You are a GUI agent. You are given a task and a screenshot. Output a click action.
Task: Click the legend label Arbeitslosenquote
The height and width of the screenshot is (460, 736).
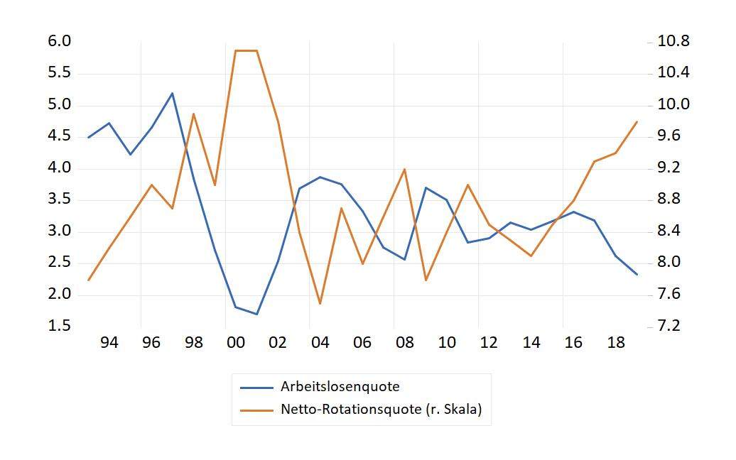pos(340,386)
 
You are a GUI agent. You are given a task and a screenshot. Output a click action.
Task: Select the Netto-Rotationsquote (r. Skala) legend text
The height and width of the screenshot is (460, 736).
pos(381,409)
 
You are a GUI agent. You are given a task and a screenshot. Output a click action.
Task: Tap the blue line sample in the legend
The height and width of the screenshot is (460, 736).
pos(256,388)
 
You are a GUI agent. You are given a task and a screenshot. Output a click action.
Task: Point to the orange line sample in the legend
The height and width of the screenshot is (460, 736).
pos(256,410)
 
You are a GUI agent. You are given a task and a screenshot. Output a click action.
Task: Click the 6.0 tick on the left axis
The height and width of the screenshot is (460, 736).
pos(59,41)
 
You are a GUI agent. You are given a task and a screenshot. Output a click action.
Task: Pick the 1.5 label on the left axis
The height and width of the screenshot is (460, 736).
pos(59,325)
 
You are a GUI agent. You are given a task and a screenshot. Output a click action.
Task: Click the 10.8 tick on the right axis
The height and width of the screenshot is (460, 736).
pos(673,41)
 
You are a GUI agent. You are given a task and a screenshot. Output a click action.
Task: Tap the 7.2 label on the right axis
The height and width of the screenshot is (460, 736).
pos(669,325)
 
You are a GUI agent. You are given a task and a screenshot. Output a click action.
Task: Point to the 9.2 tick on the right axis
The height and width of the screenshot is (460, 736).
pos(669,168)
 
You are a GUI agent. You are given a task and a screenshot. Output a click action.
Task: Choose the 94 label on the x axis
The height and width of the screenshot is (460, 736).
pos(109,343)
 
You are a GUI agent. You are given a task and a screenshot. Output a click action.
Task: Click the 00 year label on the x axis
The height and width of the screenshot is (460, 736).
pos(236,343)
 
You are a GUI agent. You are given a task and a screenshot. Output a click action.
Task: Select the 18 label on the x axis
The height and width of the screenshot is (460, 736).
pos(616,343)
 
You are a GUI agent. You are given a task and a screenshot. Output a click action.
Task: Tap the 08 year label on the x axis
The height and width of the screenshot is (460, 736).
pos(405,343)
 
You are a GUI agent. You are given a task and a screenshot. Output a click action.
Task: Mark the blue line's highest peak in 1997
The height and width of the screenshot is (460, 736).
pos(172,93)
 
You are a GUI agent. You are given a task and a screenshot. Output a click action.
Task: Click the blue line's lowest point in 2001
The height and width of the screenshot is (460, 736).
pos(256,314)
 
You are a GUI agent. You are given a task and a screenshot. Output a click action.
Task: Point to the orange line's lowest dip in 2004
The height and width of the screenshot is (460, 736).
pos(320,304)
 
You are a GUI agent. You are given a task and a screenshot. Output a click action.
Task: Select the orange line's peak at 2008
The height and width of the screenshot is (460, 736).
pos(405,169)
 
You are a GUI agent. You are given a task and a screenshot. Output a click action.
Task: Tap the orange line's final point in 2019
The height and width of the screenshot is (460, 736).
pos(637,121)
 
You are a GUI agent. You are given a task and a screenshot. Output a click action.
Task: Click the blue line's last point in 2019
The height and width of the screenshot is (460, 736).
pos(637,274)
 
